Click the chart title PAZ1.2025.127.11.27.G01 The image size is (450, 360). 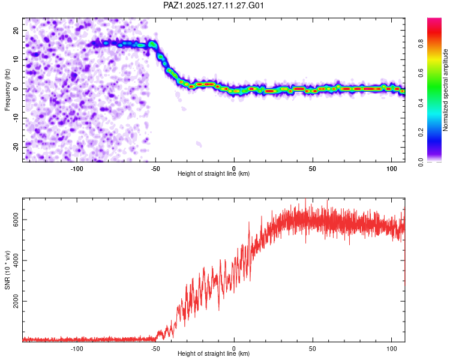click(214, 5)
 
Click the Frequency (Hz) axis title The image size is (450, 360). click(7, 90)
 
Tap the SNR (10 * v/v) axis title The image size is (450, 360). click(7, 270)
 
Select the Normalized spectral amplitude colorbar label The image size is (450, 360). click(445, 90)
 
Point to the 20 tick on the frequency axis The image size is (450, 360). click(16, 30)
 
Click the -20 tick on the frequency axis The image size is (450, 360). click(16, 147)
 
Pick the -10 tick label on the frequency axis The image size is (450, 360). click(16, 118)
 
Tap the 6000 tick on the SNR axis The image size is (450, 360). click(16, 220)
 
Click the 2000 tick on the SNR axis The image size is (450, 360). click(16, 301)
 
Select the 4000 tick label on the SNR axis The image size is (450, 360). click(16, 260)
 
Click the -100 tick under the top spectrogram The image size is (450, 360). click(77, 169)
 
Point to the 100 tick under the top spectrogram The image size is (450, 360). click(391, 169)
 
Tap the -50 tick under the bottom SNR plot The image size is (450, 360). click(155, 349)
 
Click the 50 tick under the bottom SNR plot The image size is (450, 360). click(313, 349)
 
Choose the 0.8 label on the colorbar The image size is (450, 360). click(421, 44)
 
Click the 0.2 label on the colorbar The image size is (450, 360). click(421, 132)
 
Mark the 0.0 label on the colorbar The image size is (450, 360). click(421, 162)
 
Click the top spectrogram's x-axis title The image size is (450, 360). click(214, 173)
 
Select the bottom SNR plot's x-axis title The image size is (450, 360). click(214, 353)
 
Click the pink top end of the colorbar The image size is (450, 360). click(434, 20)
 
